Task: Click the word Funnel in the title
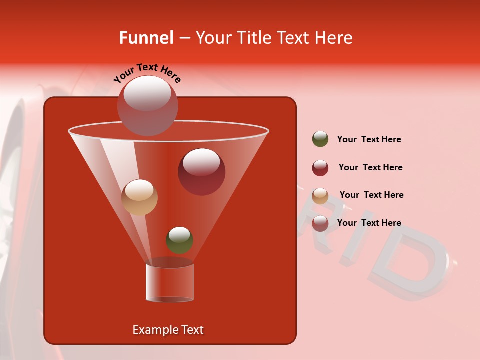146,38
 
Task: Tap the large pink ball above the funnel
147,105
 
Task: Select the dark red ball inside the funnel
201,171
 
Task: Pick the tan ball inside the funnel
139,197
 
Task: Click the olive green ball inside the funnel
179,240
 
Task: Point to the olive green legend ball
320,139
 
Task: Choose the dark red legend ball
320,167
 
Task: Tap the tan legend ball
320,195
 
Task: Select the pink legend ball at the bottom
320,223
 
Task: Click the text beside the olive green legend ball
369,139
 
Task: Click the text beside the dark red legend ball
370,167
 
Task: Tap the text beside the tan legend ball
371,195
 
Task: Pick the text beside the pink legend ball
369,223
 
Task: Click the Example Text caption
168,330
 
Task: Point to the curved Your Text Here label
147,73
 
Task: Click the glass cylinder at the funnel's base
170,283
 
